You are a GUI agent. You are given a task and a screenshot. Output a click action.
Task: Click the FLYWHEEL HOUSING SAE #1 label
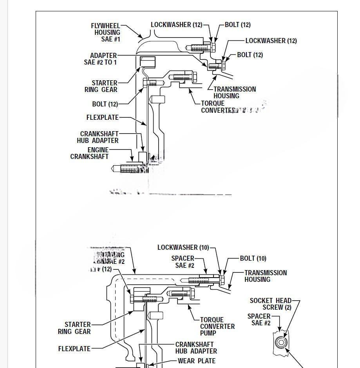point(106,32)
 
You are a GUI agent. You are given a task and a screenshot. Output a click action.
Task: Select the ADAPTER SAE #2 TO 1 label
point(100,59)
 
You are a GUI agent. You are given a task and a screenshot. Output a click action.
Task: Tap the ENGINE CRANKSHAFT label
point(90,153)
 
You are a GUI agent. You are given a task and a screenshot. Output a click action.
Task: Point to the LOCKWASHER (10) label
point(183,247)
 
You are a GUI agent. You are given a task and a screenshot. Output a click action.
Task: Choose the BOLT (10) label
point(253,258)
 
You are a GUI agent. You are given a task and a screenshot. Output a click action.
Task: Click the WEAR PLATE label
point(196,361)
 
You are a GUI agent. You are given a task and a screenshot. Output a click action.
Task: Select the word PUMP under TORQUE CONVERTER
point(208,333)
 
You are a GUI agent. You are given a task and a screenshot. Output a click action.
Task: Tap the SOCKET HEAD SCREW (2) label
point(270,304)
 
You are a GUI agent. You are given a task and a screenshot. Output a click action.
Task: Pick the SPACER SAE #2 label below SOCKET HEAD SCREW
point(259,319)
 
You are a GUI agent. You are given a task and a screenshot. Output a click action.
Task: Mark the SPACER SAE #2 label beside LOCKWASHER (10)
point(183,262)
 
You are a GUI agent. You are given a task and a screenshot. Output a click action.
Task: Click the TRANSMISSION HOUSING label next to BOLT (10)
point(266,276)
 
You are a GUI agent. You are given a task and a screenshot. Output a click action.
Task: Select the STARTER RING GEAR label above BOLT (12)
point(101,86)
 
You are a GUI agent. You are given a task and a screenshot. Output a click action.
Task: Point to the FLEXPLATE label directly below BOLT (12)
point(102,117)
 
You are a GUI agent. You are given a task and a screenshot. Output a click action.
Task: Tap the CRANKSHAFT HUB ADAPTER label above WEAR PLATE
point(196,348)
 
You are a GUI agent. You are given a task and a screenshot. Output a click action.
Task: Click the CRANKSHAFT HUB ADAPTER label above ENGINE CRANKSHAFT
point(98,137)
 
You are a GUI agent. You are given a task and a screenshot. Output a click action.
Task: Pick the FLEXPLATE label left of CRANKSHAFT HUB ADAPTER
point(74,348)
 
